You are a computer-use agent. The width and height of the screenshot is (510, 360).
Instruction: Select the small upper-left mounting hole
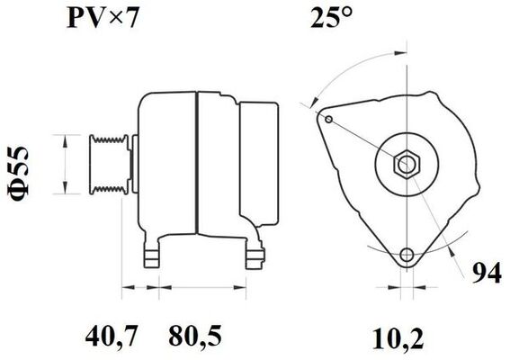click(330, 121)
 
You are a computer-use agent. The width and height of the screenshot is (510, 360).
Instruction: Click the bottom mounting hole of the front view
click(409, 255)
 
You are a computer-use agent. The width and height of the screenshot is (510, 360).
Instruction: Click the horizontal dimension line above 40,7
click(139, 289)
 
